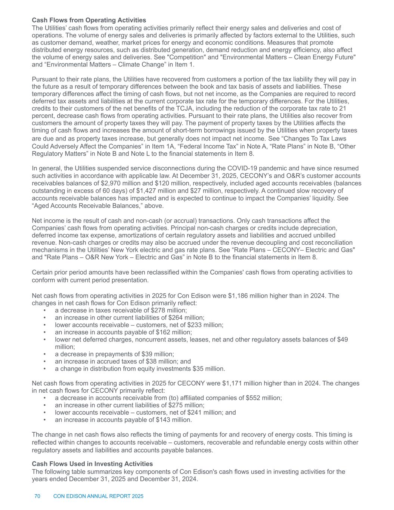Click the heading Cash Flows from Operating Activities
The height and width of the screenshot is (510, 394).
pyautogui.click(x=89, y=20)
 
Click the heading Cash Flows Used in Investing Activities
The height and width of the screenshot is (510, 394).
pyautogui.click(x=92, y=464)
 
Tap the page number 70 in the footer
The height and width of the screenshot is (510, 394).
pyautogui.click(x=37, y=496)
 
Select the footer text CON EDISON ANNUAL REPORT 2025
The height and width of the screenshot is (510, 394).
pyautogui.click(x=98, y=496)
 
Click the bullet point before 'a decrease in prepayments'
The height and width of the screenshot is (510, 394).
pyautogui.click(x=44, y=354)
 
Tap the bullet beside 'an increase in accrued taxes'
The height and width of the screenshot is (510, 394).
pyautogui.click(x=44, y=361)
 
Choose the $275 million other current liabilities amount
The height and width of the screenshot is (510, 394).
pyautogui.click(x=186, y=405)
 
